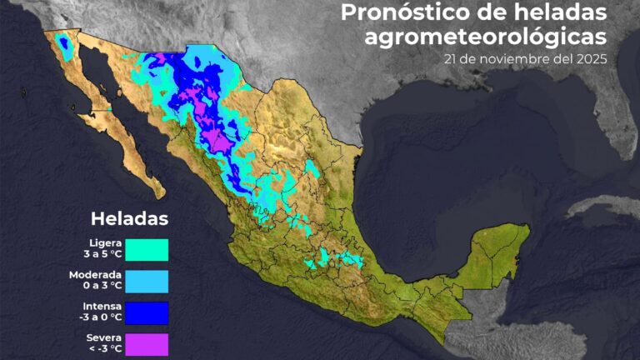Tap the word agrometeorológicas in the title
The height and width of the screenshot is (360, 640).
[485, 37]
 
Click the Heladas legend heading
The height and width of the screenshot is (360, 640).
[129, 219]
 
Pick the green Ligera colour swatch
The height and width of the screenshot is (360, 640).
[147, 249]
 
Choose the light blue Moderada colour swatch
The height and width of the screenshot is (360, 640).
[147, 281]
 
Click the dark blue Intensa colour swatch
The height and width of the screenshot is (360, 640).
[147, 312]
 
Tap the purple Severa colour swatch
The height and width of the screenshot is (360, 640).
[147, 344]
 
